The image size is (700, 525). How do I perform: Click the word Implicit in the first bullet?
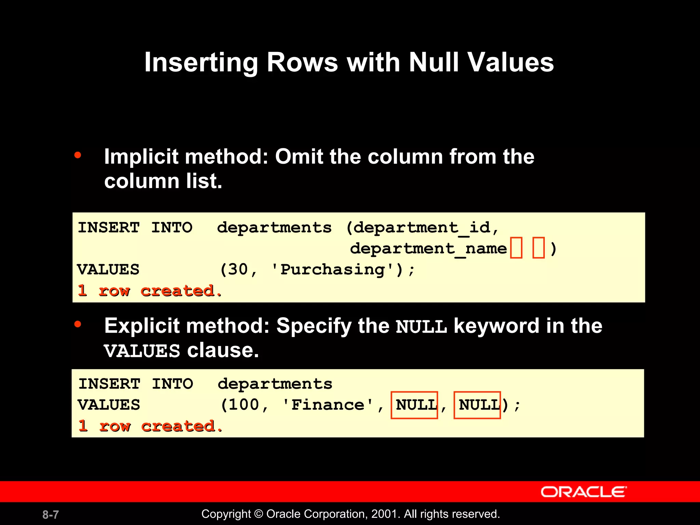click(141, 157)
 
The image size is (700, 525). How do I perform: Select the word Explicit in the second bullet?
click(143, 326)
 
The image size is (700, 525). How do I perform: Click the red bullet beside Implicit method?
click(78, 156)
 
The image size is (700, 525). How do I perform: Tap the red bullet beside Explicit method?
click(78, 324)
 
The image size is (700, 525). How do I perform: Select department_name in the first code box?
click(428, 249)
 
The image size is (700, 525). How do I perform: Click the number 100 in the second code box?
click(244, 405)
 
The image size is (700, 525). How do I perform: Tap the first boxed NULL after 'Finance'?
click(414, 405)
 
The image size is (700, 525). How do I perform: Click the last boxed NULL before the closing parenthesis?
click(477, 405)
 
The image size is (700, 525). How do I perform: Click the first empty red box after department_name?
click(516, 248)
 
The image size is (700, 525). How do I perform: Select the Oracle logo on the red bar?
click(583, 492)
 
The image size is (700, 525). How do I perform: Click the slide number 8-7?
click(51, 514)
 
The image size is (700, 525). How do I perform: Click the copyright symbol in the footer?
click(259, 514)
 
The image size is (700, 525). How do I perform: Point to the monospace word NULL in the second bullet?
click(421, 327)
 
